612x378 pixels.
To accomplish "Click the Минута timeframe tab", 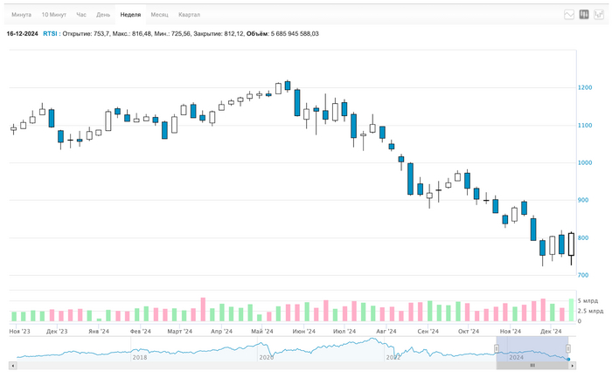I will click(x=21, y=15).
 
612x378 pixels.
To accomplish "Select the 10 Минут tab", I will click(x=53, y=15).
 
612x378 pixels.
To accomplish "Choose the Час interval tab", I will click(x=81, y=15).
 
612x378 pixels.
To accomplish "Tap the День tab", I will click(x=103, y=15).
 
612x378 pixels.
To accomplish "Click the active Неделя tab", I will click(x=130, y=15).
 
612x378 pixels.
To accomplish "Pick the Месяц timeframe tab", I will click(x=159, y=15).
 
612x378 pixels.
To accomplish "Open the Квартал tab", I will click(x=189, y=15).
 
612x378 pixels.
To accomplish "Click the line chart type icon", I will click(x=569, y=15).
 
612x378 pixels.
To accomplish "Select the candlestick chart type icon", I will click(x=584, y=15).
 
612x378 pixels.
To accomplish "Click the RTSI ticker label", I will click(x=51, y=34).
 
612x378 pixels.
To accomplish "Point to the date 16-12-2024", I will click(x=22, y=34).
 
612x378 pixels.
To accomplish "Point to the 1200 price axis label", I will click(x=584, y=88).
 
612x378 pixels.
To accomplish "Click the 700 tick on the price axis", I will click(x=582, y=276).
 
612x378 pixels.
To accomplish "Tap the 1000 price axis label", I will click(x=584, y=163).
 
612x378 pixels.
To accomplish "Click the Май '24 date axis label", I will click(x=261, y=332).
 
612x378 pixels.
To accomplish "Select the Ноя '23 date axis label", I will click(x=19, y=332).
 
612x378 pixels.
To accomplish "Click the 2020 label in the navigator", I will click(x=266, y=357).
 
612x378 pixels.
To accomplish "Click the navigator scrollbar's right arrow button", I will click(x=573, y=366).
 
